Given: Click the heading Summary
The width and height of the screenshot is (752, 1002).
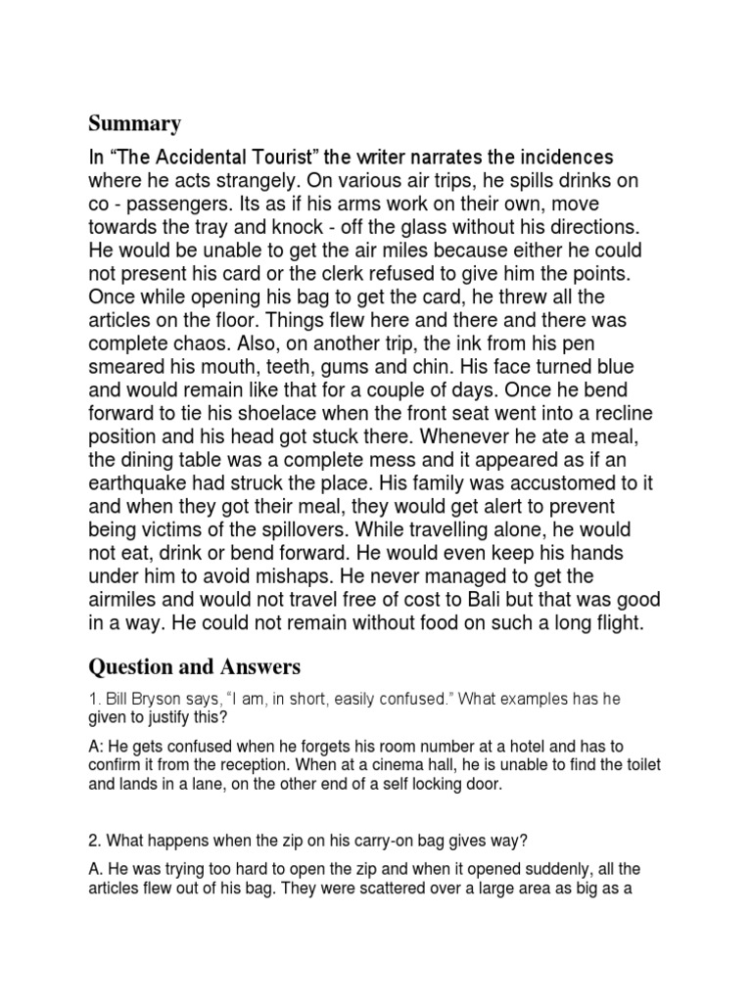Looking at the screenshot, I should pos(135,123).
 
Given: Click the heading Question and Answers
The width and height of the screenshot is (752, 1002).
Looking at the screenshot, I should pos(195,667).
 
